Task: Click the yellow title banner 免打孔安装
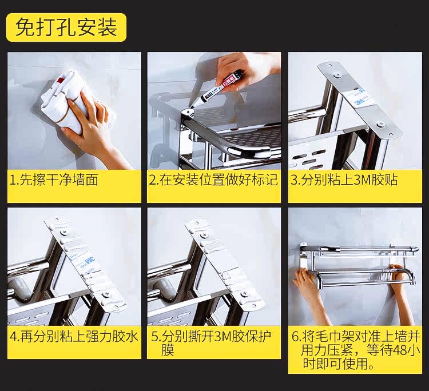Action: [66, 27]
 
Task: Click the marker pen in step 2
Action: [217, 88]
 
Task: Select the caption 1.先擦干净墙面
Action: [54, 180]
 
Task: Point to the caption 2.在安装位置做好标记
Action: [213, 180]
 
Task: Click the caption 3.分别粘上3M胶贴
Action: [344, 180]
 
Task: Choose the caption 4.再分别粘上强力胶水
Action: [74, 336]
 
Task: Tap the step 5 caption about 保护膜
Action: [210, 343]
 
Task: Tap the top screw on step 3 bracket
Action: [337, 75]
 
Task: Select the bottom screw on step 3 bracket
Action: [380, 124]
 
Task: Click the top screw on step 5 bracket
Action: [204, 236]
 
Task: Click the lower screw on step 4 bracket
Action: [105, 295]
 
